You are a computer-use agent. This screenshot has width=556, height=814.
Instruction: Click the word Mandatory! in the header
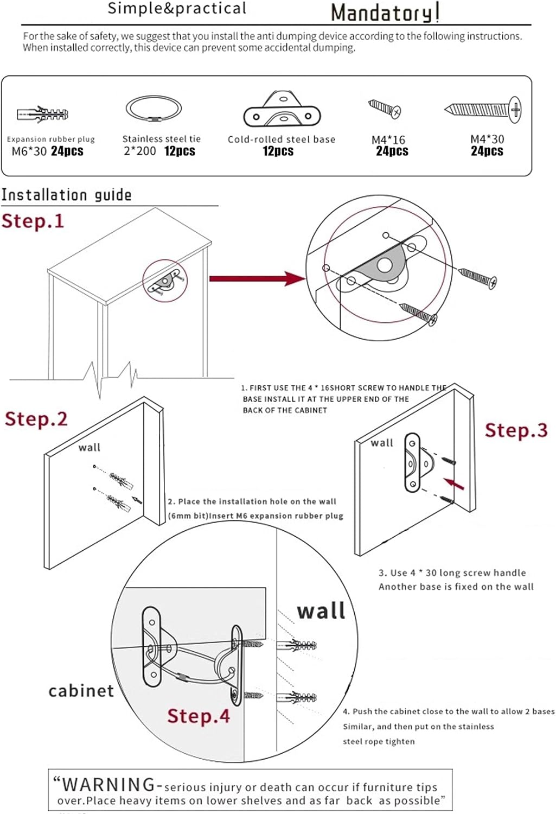385,12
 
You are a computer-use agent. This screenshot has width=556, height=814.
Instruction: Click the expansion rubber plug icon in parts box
43,114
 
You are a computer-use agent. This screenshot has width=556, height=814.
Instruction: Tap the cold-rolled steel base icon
282,110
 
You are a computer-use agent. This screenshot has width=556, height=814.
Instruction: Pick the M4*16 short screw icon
385,108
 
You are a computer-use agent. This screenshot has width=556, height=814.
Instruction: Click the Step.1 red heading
33,221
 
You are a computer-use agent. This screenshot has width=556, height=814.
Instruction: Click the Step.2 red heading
36,418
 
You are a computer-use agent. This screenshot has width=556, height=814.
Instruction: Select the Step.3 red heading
516,430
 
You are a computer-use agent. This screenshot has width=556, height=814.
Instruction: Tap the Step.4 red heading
198,715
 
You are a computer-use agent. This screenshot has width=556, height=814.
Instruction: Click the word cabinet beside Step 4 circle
81,691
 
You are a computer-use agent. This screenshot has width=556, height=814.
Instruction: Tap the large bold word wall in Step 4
321,610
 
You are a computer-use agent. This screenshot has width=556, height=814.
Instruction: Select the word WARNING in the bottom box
108,784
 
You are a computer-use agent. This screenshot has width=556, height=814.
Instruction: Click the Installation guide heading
66,195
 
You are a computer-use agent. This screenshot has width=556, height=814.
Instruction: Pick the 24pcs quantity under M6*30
67,151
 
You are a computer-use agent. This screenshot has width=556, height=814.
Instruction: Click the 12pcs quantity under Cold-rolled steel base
278,151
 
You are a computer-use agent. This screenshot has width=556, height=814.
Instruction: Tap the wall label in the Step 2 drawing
89,447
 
